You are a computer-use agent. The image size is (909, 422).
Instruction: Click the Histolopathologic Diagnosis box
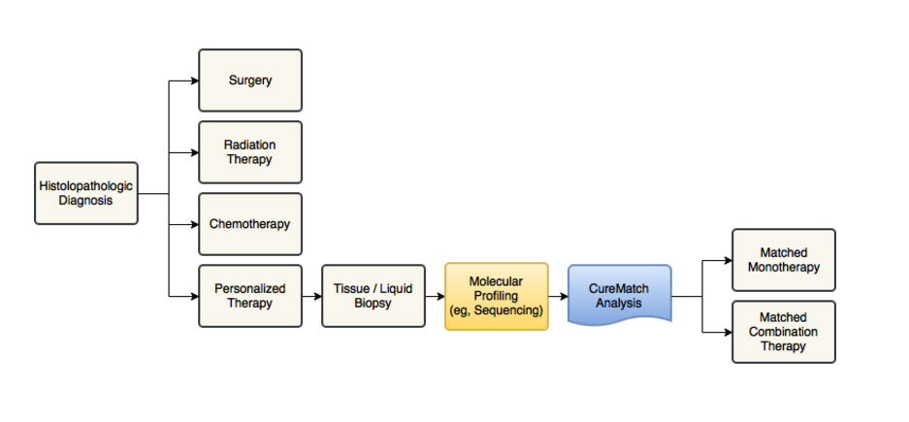tap(86, 193)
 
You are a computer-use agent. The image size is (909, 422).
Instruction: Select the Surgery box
tap(250, 81)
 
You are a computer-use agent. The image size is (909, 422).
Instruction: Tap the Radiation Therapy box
tap(250, 152)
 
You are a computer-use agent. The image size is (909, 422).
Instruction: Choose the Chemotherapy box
tap(250, 224)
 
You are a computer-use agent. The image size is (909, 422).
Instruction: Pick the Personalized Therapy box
tap(250, 296)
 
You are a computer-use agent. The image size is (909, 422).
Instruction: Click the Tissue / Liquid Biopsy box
tap(373, 296)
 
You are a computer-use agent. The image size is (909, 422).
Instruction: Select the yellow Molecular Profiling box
tap(497, 296)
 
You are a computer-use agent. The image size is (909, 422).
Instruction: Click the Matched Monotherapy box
tap(784, 260)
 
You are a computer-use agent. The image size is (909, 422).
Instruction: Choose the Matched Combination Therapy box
tap(784, 332)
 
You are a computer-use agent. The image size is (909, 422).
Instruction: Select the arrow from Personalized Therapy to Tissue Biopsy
tap(311, 296)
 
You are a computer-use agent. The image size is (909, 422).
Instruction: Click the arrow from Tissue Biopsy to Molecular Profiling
tap(435, 296)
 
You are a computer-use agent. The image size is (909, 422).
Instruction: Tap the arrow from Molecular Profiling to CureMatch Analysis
tap(558, 296)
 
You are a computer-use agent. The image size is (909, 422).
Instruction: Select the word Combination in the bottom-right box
tap(784, 332)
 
